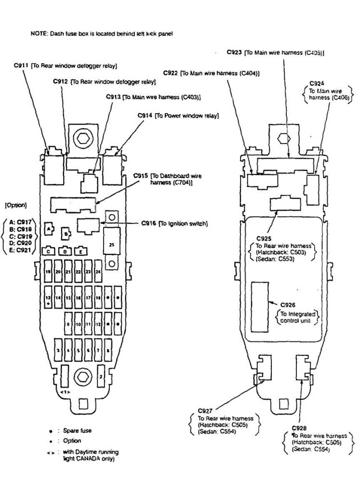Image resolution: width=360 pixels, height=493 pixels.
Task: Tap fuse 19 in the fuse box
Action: coord(48,272)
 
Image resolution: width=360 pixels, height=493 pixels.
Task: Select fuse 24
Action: coord(98,272)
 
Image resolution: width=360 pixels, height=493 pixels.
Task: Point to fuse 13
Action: coord(48,299)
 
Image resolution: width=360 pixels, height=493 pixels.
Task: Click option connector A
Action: coord(48,230)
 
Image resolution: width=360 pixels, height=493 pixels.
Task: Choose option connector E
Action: coord(81,251)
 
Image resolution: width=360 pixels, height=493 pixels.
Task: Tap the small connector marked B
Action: coord(67,234)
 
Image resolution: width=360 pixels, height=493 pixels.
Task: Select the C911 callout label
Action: coord(22,65)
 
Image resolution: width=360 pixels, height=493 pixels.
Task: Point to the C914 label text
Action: coord(145,116)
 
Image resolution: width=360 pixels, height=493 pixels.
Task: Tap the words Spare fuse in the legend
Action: coord(77,430)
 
